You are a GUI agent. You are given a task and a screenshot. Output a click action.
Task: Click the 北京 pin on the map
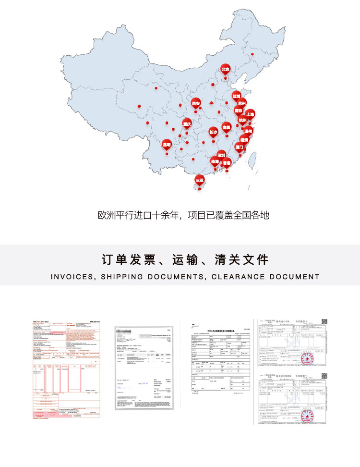225,70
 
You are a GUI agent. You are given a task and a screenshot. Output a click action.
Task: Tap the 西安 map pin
195,104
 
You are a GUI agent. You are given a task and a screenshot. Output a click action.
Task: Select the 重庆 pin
187,124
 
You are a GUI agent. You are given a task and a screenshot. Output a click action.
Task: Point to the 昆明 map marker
167,144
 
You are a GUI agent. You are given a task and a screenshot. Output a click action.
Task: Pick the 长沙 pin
214,132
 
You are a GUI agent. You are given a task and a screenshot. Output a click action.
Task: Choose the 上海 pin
250,114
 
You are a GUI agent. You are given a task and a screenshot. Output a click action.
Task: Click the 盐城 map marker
236,96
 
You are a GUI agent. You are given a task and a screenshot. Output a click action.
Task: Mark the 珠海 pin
215,162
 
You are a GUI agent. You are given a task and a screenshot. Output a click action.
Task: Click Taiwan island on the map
254,154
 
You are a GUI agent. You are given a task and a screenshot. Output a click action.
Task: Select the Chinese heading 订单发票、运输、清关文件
185,260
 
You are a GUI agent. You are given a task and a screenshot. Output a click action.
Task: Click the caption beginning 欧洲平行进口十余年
183,215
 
